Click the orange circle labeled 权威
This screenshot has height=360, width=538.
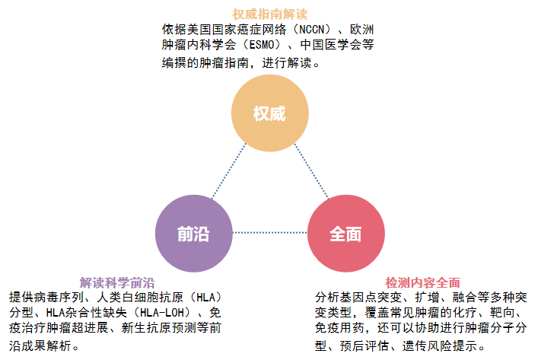tap(269, 113)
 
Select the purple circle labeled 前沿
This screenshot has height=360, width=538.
tap(193, 233)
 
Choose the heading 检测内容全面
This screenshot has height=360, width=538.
tap(422, 282)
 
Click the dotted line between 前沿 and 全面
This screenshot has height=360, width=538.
tap(269, 233)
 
